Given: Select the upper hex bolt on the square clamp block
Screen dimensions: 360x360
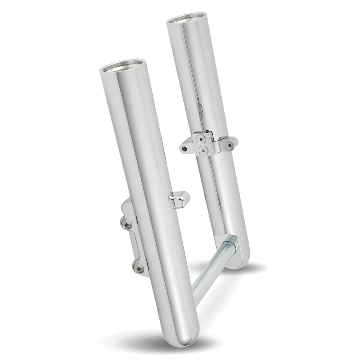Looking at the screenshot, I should pyautogui.click(x=202, y=139).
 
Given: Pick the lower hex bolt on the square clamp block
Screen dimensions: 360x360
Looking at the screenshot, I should pyautogui.click(x=202, y=150).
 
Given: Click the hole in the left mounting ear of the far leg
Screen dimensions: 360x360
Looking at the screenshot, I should pyautogui.click(x=184, y=149).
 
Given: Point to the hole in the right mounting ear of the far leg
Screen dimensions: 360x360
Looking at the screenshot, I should pyautogui.click(x=229, y=145).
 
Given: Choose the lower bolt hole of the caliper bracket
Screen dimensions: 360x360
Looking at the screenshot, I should pyautogui.click(x=138, y=268).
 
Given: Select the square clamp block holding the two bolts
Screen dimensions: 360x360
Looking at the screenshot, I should pyautogui.click(x=202, y=144).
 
